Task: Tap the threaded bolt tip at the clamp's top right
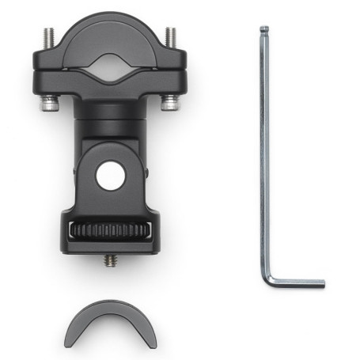[169, 36]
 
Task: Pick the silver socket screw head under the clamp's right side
[169, 102]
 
